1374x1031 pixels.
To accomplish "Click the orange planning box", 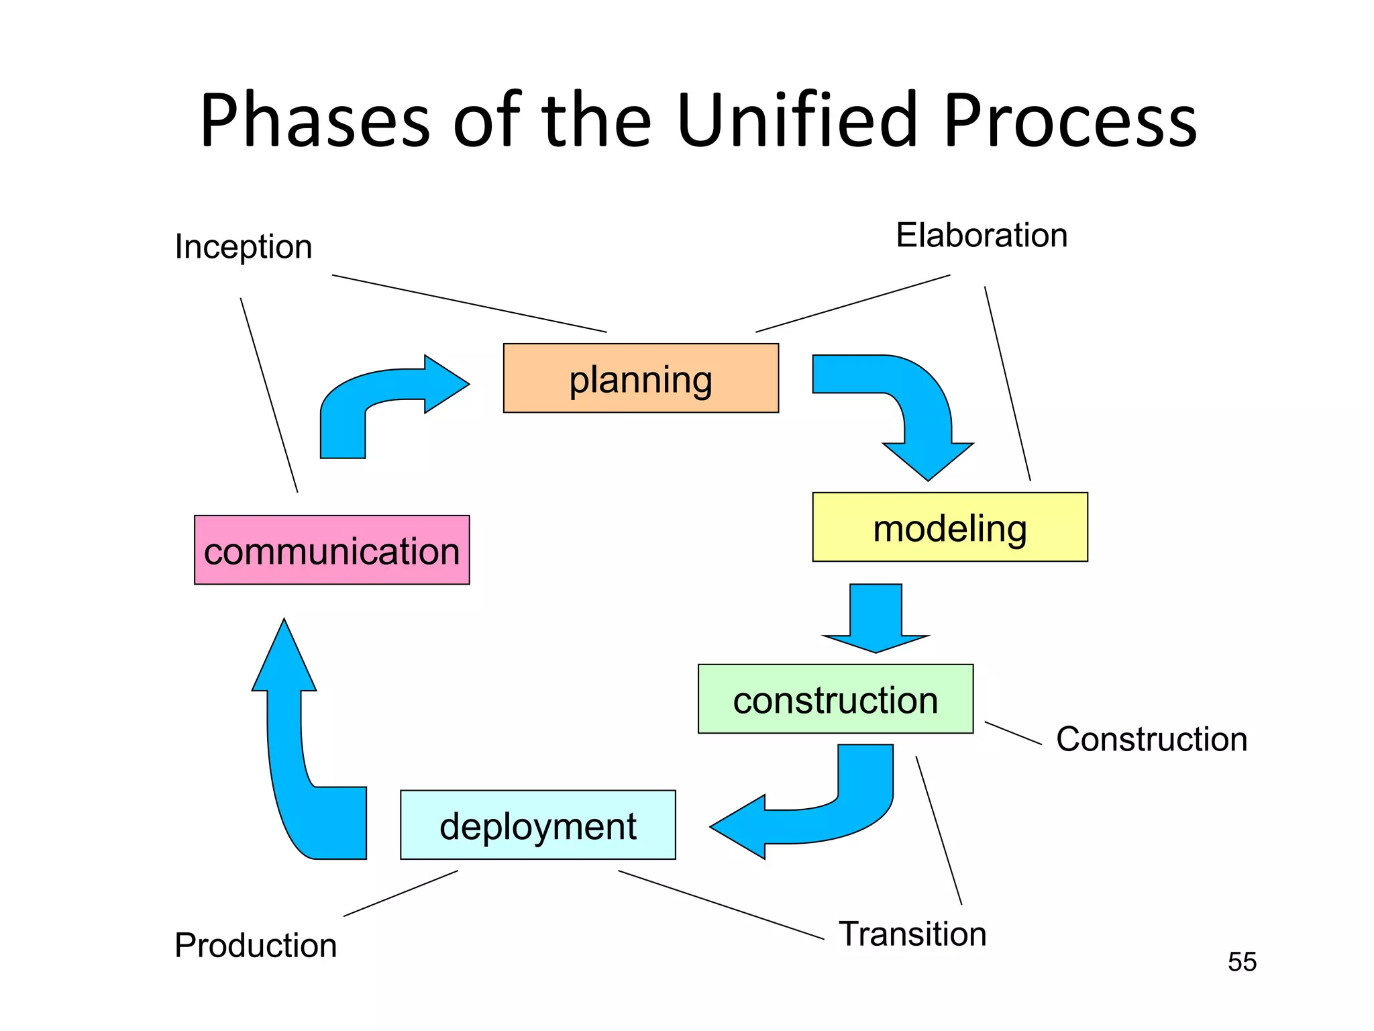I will (x=641, y=378).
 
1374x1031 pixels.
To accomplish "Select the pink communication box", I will (x=331, y=550).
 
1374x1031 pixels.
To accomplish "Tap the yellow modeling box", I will (x=949, y=527).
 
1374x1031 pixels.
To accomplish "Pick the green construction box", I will (x=835, y=699).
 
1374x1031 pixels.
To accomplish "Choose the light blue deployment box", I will (x=537, y=824).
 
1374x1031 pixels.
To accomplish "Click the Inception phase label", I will (x=244, y=246).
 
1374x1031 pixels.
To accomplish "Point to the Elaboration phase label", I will (x=981, y=235).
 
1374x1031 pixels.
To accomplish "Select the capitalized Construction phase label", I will (x=1151, y=739).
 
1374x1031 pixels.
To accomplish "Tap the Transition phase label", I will (x=912, y=934).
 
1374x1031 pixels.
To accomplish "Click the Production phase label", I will (x=256, y=945).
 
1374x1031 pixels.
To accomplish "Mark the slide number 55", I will (x=1242, y=962).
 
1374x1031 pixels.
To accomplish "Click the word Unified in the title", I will (x=796, y=121).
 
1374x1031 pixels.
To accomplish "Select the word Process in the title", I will (x=1070, y=121).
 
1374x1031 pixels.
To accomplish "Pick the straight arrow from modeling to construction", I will (x=876, y=618).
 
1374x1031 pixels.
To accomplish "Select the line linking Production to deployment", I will (x=401, y=893).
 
